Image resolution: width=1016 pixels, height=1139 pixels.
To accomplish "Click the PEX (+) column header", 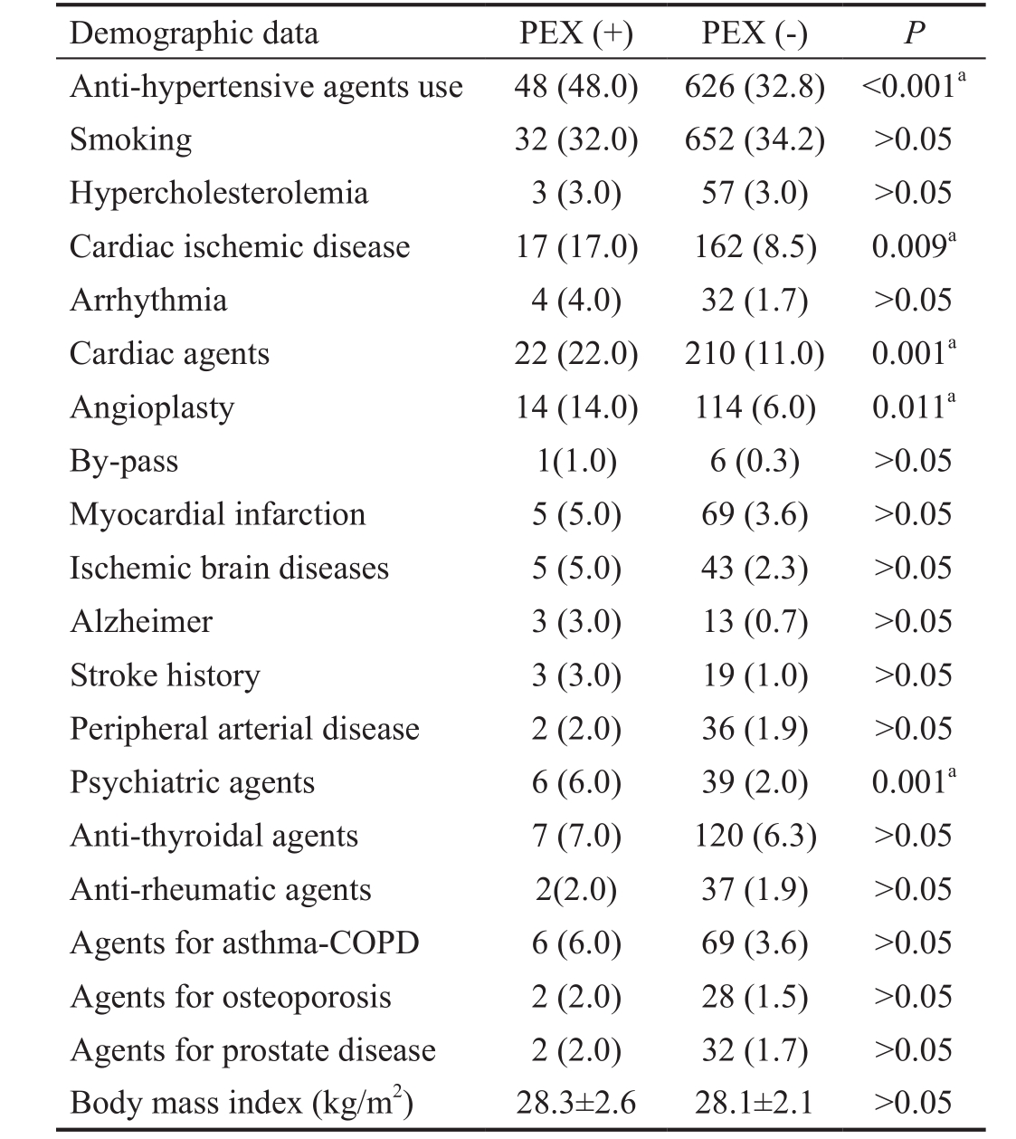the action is (x=576, y=33).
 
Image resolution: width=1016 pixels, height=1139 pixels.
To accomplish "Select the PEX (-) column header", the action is (x=755, y=33).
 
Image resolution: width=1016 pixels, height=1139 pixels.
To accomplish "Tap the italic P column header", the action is (x=915, y=33).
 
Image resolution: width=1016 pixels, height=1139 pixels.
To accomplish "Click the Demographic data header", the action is (x=194, y=33).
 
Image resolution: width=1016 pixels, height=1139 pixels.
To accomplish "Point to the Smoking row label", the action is (x=130, y=139).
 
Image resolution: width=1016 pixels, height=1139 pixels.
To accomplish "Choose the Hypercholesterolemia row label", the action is (x=219, y=193).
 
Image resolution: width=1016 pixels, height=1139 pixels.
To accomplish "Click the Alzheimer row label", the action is (x=141, y=621).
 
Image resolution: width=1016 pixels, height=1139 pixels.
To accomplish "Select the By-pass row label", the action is (x=124, y=461).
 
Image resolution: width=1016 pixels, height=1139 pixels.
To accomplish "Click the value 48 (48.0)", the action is (x=576, y=87).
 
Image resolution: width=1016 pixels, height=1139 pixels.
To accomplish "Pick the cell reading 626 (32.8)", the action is (x=755, y=87).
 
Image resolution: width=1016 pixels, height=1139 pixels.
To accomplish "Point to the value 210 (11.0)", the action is (x=755, y=354).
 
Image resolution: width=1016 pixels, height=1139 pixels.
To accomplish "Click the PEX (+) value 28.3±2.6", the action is (x=576, y=1103).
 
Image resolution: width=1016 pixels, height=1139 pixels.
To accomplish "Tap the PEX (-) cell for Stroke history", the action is (x=755, y=675).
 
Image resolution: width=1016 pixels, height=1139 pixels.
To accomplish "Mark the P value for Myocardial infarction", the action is (x=913, y=514).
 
